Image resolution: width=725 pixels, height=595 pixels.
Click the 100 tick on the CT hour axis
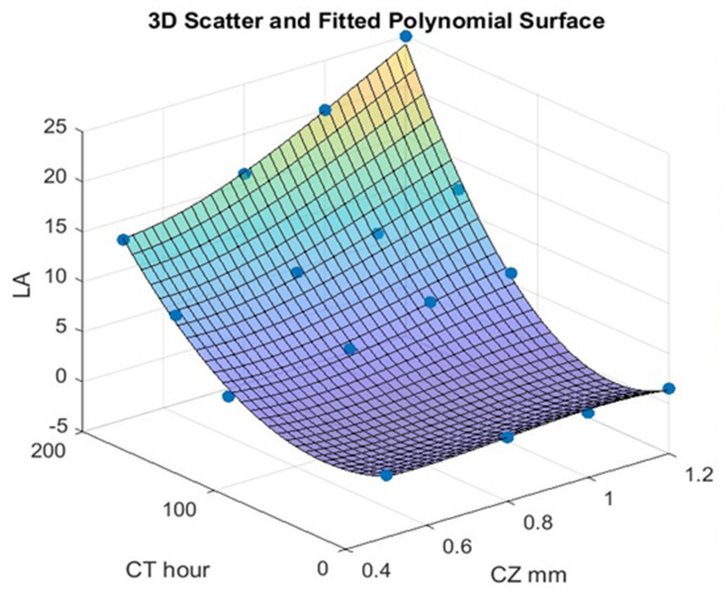tap(179, 510)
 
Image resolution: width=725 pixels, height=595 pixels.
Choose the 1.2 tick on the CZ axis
tap(696, 476)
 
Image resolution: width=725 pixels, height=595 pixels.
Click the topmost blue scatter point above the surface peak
tap(406, 36)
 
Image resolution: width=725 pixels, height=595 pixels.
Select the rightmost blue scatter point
tap(669, 388)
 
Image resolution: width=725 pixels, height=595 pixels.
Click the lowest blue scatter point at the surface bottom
tap(386, 475)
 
